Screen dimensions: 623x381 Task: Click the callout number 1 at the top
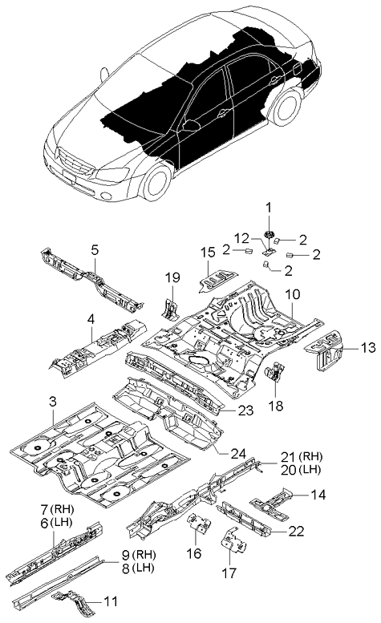(270, 206)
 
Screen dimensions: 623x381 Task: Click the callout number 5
(95, 250)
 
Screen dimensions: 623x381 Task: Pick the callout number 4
(91, 319)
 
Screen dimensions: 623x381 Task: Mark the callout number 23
(246, 411)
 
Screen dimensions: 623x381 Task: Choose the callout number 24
(238, 454)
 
